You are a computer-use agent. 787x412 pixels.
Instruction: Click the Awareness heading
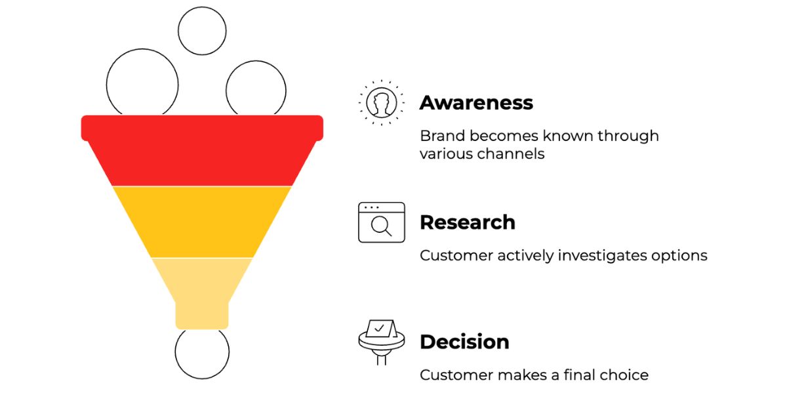click(476, 102)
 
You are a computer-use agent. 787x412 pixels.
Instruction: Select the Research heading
click(468, 222)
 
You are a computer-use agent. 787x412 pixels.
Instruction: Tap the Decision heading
click(464, 342)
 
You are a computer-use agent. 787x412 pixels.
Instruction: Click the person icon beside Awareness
click(382, 102)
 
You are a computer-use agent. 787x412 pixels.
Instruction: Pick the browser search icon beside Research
click(382, 222)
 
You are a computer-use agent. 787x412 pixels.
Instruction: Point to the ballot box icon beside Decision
click(382, 342)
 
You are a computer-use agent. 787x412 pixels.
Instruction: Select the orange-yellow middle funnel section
click(202, 222)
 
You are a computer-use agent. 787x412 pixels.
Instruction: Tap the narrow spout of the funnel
click(202, 316)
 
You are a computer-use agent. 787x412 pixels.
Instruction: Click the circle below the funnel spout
click(202, 379)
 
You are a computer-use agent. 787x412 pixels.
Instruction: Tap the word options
click(679, 257)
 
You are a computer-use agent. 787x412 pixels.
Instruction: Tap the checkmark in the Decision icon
click(379, 328)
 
